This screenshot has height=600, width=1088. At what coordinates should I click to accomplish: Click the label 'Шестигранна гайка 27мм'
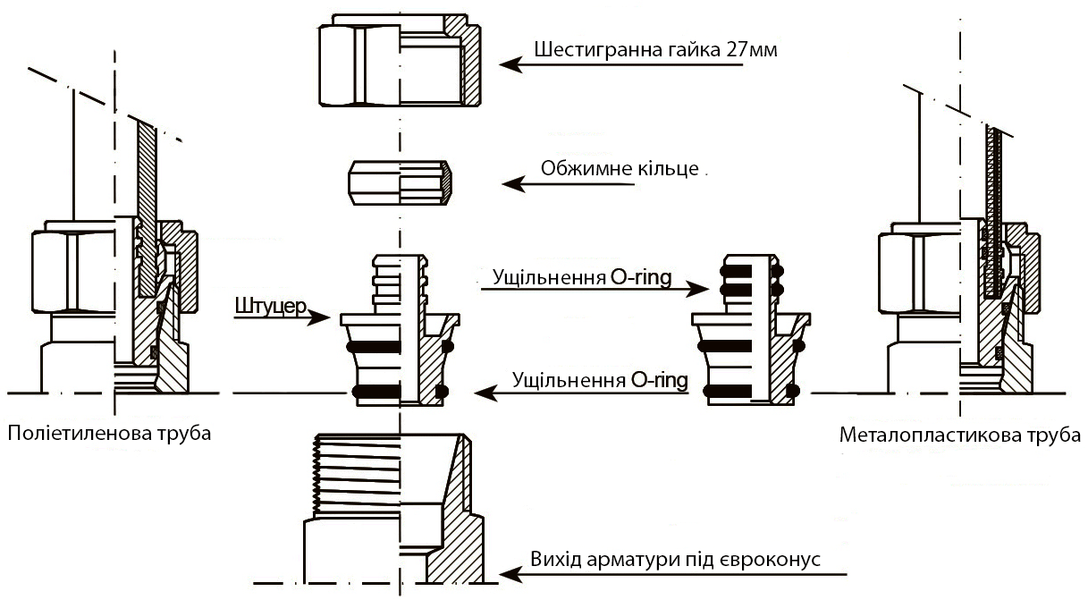[655, 49]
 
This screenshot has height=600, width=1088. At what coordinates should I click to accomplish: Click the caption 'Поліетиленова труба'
[109, 435]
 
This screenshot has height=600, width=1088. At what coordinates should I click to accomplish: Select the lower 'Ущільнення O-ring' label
[600, 381]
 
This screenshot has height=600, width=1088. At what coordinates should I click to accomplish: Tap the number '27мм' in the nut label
[753, 49]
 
